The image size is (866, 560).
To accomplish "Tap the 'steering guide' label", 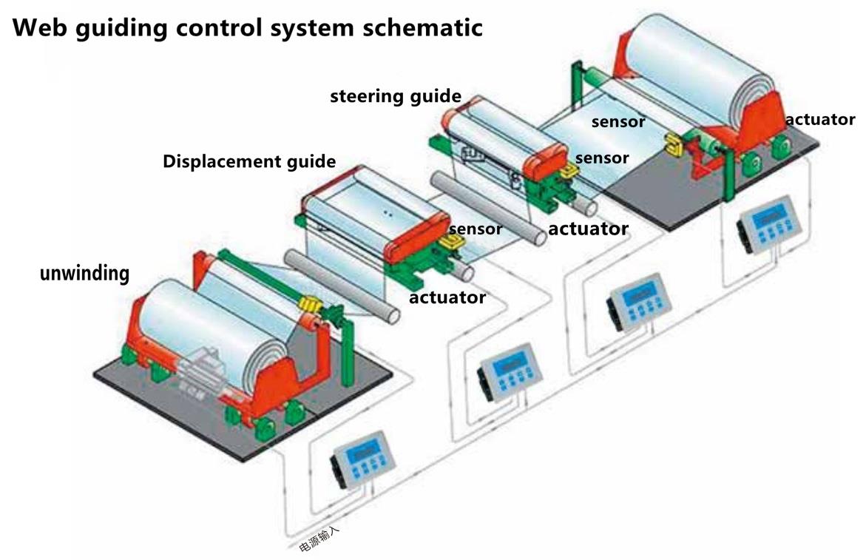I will coord(396,96).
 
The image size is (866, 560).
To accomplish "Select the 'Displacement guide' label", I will coord(249,161).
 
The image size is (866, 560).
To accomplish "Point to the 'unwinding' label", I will coord(84,273).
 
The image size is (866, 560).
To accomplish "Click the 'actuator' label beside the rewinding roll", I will coord(820,119).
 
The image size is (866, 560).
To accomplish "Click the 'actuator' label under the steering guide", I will coord(588,229).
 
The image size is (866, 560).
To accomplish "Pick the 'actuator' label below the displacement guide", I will coord(447,297).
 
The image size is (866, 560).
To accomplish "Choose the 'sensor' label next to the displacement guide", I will coord(476,229).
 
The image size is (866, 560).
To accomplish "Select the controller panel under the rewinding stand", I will coord(769,221).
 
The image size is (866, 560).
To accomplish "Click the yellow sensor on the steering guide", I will coord(567,171).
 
